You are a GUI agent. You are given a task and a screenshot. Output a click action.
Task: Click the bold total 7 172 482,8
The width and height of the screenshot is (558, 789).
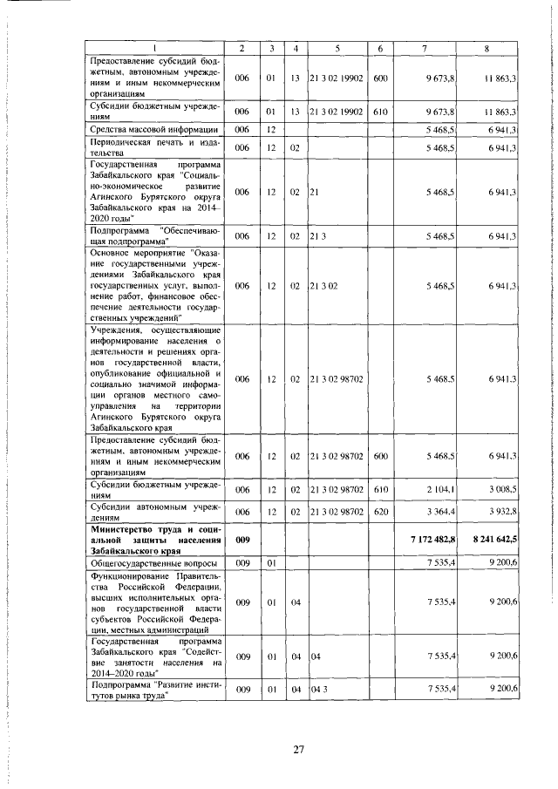(x=444, y=541)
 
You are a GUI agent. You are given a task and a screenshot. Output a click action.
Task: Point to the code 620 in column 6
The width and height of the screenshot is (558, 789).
(x=380, y=511)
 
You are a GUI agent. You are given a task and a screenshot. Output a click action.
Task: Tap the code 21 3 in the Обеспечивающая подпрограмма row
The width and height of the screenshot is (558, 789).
(x=316, y=236)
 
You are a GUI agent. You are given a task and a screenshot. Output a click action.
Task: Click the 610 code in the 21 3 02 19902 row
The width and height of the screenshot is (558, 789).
(x=380, y=112)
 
